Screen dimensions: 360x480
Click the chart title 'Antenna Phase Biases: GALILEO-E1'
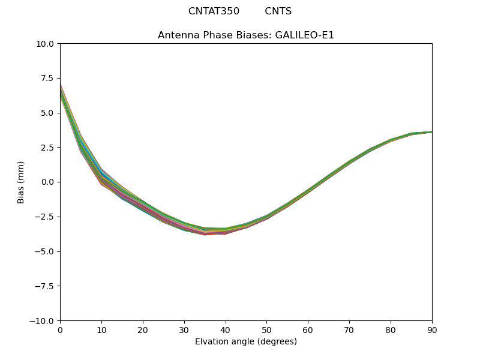246,35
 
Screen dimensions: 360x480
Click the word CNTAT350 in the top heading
214,11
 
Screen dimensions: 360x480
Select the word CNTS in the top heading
278,11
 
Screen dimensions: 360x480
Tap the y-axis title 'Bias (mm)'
21,182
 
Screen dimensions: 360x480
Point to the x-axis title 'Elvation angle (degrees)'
246,341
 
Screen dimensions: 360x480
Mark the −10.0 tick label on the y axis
44,321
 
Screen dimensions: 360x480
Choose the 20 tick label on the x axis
143,329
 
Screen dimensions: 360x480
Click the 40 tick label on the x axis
226,329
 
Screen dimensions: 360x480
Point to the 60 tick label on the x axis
308,329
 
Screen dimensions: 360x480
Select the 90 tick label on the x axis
432,329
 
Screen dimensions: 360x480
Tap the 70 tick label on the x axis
349,329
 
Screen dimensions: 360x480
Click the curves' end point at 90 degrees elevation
431,132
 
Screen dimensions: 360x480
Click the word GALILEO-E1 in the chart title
304,35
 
